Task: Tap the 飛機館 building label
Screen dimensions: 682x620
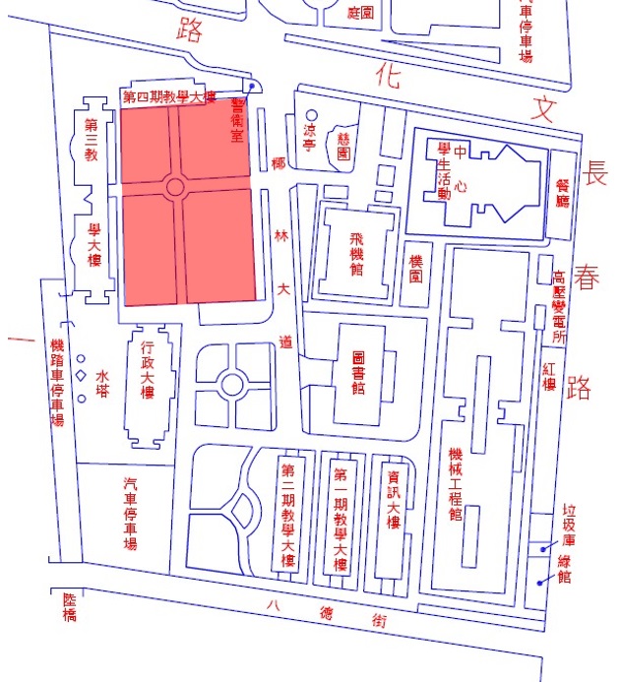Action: tap(355, 254)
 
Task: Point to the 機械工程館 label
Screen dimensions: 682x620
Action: tap(455, 483)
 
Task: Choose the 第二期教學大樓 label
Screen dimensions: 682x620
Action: tap(288, 514)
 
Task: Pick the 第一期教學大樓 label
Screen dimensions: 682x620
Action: tap(341, 514)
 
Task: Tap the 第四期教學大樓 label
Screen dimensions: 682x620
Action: tap(167, 96)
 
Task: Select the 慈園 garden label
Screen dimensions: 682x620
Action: tap(343, 146)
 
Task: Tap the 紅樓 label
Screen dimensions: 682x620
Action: tap(549, 374)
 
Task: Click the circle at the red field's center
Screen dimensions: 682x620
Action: tap(177, 186)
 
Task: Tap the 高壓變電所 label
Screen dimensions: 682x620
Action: tap(558, 307)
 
